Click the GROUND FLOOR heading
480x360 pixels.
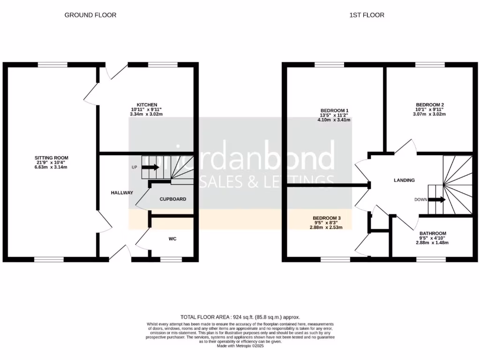tap(90, 15)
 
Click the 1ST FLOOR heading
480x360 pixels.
tap(367, 15)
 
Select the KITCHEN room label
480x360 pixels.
tap(147, 105)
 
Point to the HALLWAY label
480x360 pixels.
tap(122, 193)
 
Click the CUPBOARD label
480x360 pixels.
tap(172, 199)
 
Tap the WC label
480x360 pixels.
tap(172, 239)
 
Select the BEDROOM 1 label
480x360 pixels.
tap(334, 111)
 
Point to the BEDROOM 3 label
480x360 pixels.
tap(327, 218)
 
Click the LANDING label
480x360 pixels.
tap(404, 180)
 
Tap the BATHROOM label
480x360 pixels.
tap(432, 233)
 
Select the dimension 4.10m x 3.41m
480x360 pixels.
tap(334, 120)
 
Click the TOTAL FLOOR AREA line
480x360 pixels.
tap(240, 317)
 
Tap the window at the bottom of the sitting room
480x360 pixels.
tap(49, 259)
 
